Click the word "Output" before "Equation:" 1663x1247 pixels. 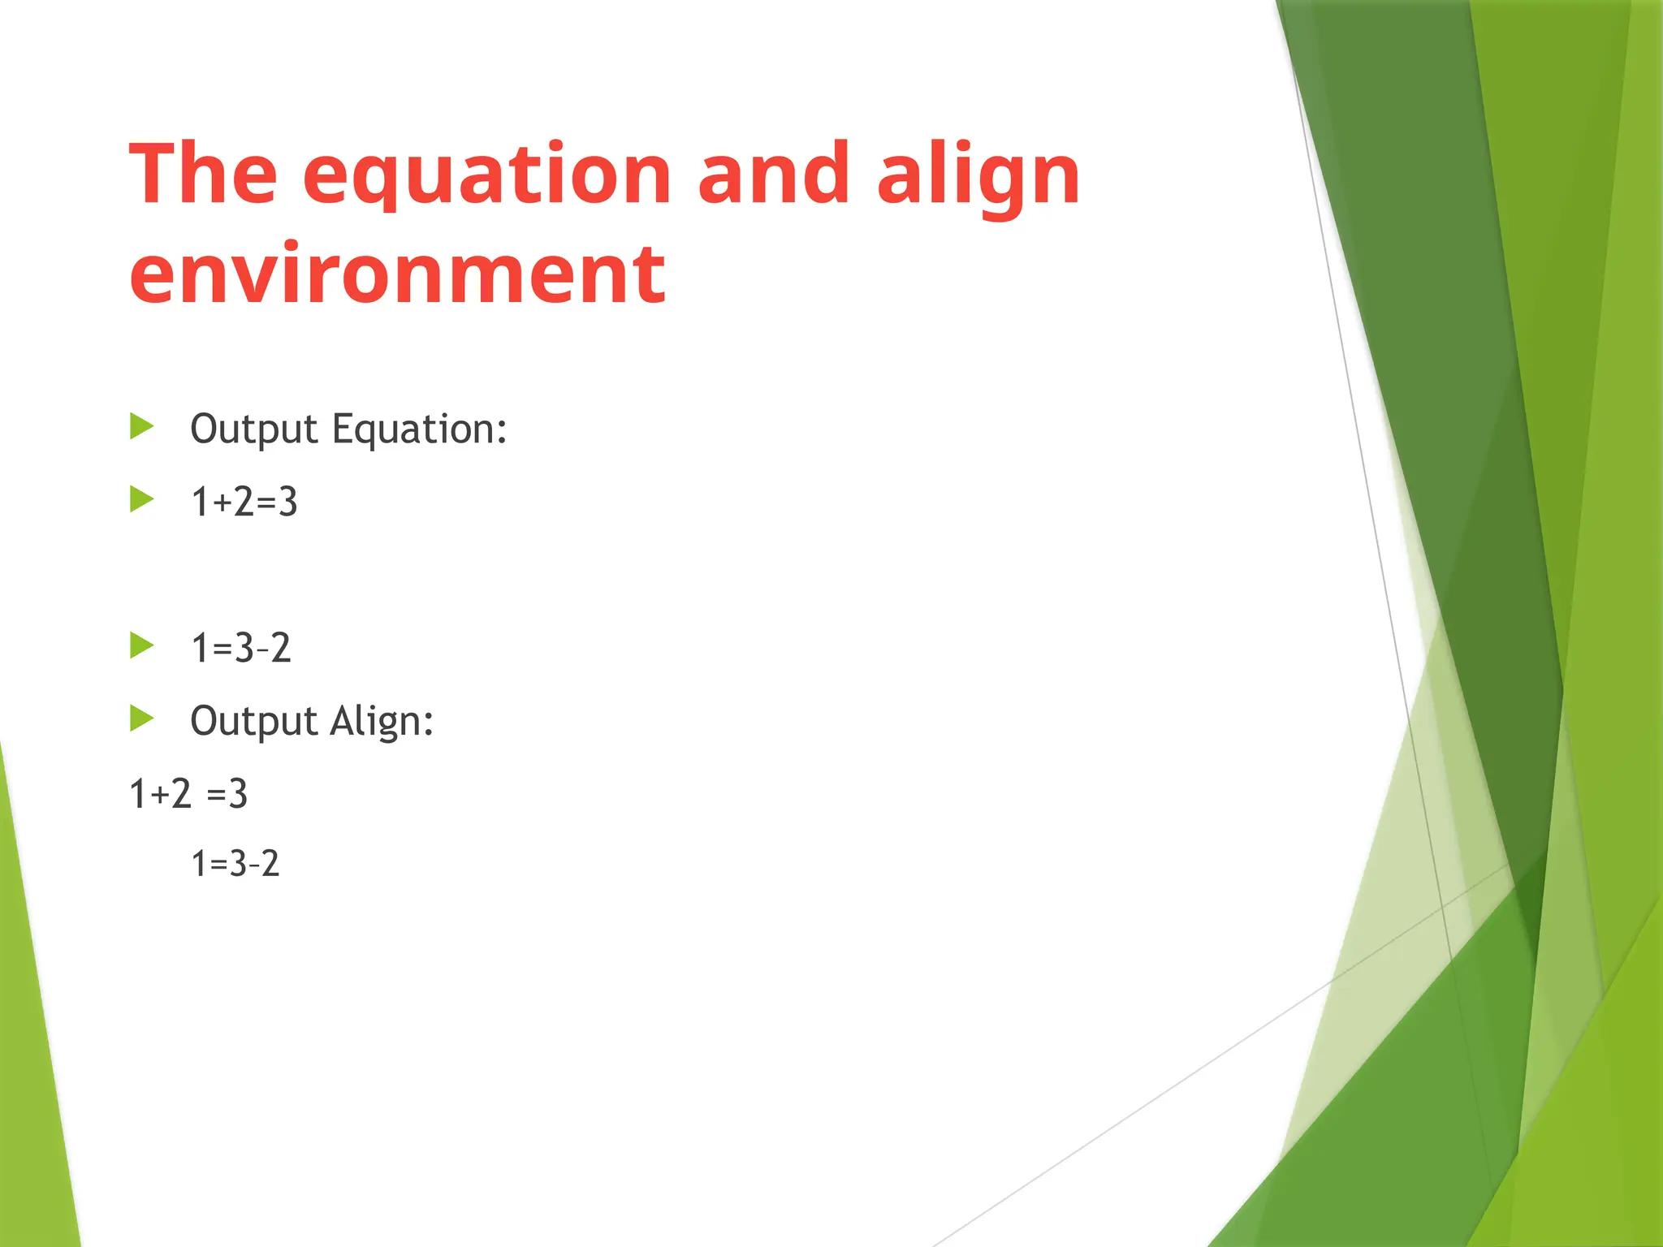253,429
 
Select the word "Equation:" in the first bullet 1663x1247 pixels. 420,429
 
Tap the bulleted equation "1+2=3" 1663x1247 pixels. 244,502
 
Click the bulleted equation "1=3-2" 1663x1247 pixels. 240,648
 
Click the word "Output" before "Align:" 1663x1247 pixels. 253,722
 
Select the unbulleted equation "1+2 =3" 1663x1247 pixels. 188,793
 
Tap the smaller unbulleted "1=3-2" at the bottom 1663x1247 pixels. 235,863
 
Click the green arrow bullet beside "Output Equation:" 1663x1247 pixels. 142,426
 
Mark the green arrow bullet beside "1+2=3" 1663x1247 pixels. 142,499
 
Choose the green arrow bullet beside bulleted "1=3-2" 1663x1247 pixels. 142,645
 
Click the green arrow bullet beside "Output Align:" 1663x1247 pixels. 142,718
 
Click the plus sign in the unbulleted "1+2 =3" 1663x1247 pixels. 160,795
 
